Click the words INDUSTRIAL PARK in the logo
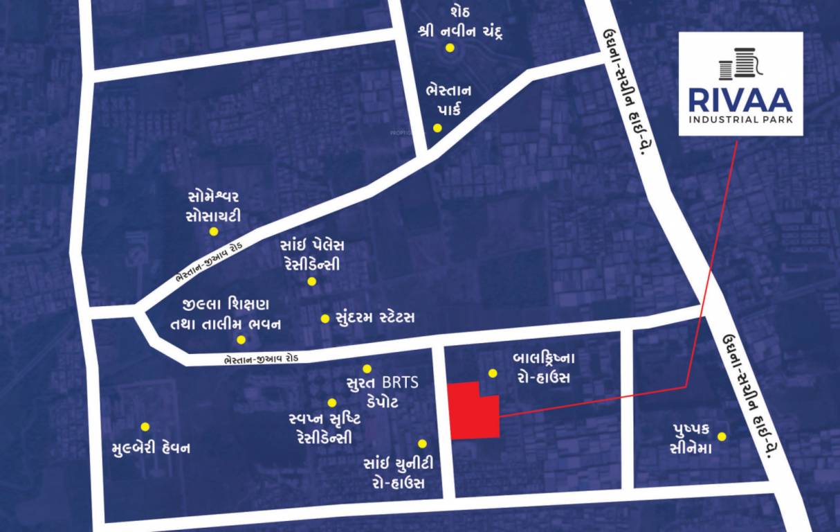pos(740,120)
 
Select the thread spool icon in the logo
pos(740,63)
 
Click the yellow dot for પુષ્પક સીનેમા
pos(722,436)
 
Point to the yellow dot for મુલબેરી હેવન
pos(145,427)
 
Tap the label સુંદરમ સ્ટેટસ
pos(374,318)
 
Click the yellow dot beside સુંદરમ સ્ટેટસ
pos(325,319)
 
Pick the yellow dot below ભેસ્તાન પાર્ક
pos(437,127)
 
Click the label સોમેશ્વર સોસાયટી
pos(214,206)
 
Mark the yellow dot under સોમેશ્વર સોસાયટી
pos(214,232)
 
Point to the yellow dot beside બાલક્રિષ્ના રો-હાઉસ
pos(493,373)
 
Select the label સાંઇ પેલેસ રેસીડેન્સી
pos(312,255)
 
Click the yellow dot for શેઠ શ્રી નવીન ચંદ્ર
pos(450,48)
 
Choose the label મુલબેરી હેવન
pos(151,448)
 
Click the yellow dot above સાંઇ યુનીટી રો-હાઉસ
pos(422,443)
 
